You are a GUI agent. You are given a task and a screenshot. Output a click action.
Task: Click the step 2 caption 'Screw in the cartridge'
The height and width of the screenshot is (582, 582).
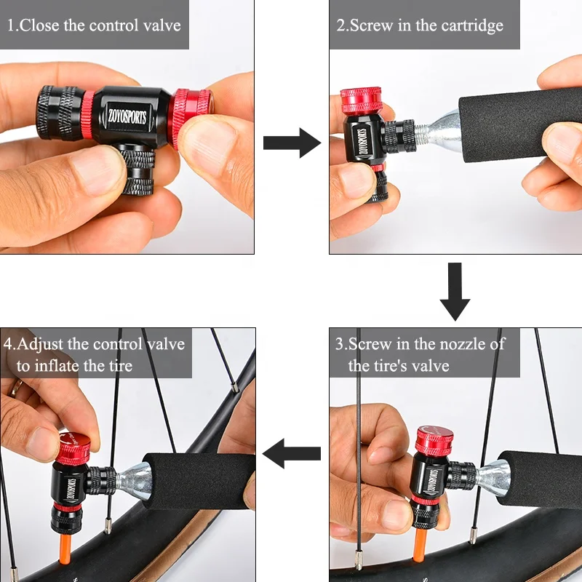coord(420,25)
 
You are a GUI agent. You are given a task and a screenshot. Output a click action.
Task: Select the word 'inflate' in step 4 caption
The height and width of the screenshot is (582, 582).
coord(68,365)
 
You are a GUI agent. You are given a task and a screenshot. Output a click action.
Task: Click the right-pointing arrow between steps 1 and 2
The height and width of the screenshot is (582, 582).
coord(291,143)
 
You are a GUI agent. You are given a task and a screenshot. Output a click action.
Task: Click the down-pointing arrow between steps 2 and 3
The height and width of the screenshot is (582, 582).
coord(455,292)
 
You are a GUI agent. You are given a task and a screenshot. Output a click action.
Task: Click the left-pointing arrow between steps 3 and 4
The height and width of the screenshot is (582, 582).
coord(291,455)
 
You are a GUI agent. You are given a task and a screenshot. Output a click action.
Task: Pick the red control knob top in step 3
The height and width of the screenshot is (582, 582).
coord(434,438)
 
